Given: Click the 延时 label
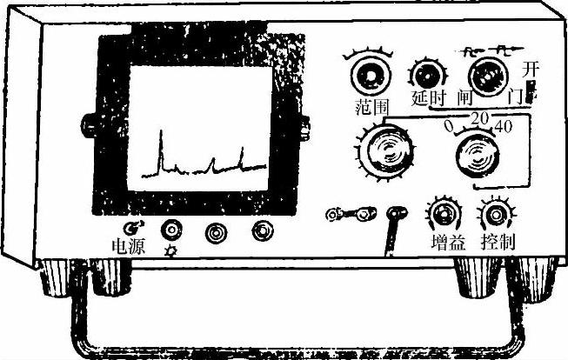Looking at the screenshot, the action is (x=428, y=99).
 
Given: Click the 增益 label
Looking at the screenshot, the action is (x=444, y=241).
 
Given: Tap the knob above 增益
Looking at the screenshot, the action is (x=444, y=212).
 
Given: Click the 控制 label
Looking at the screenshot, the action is (x=497, y=241).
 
